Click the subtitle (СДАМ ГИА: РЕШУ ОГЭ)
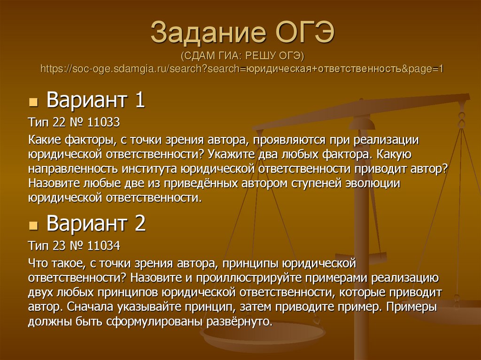(x=242, y=56)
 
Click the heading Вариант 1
(x=96, y=100)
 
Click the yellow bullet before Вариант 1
(x=33, y=102)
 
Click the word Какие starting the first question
(x=45, y=139)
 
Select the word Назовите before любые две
(x=52, y=183)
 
